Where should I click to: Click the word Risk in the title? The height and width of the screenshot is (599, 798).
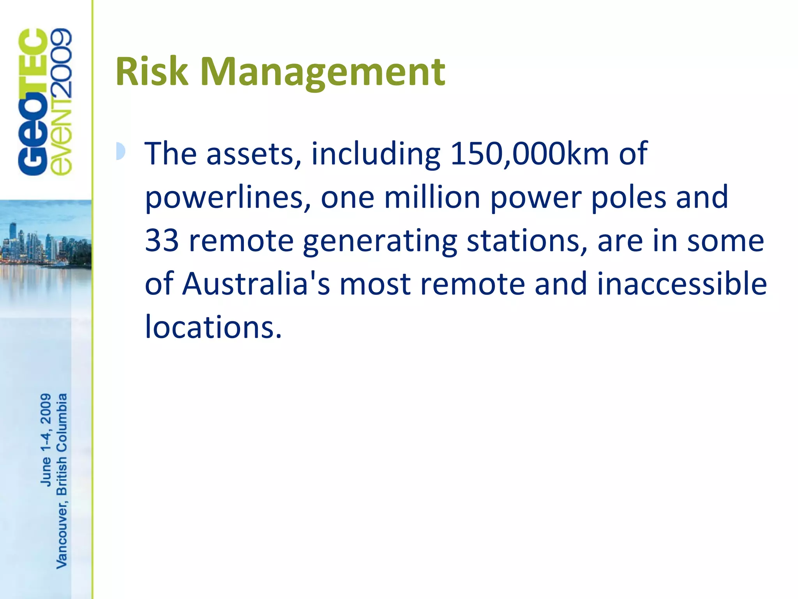[152, 72]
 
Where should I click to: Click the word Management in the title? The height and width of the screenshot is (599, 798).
[323, 73]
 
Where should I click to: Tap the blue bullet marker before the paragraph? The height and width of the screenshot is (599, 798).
[121, 151]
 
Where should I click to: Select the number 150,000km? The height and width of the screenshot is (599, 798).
[530, 154]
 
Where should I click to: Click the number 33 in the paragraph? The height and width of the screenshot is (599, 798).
[162, 241]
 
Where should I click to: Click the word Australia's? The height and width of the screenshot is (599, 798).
[256, 284]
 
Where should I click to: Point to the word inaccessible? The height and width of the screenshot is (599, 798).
[682, 284]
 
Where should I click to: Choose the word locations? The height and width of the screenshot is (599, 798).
[213, 327]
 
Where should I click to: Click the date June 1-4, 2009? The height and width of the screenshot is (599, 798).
[46, 440]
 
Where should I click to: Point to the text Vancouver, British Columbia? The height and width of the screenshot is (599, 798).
[62, 480]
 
